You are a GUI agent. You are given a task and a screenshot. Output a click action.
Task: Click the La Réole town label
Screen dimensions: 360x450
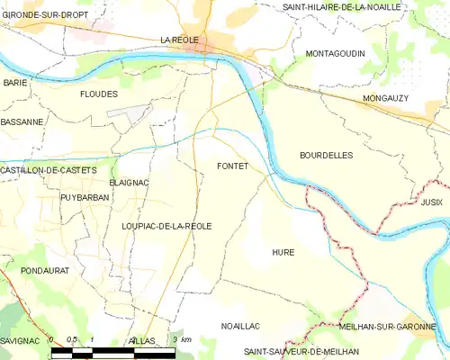pos(178,40)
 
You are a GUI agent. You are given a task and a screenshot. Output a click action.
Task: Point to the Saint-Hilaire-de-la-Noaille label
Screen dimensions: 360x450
pos(341,7)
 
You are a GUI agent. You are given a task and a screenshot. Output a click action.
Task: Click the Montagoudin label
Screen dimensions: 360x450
pos(335,54)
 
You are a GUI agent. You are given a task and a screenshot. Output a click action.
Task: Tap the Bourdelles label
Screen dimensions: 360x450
pos(326,156)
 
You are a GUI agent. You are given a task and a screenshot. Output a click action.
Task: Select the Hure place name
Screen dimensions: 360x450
pos(283,253)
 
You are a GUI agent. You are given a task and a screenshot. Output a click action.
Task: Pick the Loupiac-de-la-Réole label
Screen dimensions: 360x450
pos(166,227)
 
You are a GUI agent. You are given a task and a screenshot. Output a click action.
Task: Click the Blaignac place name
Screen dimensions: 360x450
pos(128,183)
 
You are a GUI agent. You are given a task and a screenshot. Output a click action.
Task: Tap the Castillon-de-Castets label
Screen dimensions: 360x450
pos(49,170)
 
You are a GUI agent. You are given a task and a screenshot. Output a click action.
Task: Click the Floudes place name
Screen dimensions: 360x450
pos(99,94)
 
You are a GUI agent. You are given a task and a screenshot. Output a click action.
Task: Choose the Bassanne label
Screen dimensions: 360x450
pos(22,121)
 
